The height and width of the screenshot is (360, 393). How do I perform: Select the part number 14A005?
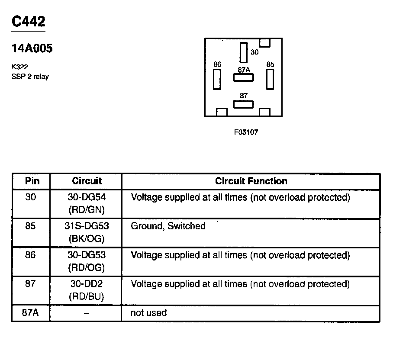click(32, 49)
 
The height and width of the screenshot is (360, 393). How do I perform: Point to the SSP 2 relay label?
click(30, 77)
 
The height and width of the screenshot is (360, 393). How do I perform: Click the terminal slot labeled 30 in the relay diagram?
click(244, 53)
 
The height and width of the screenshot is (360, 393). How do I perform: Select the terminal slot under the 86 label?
click(217, 79)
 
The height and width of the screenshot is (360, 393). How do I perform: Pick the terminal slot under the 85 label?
click(270, 79)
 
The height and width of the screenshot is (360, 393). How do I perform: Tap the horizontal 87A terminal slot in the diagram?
click(244, 77)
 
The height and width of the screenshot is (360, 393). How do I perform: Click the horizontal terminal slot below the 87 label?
click(244, 104)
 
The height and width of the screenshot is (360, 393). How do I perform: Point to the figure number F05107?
click(246, 132)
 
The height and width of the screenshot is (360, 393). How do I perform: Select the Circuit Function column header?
click(251, 181)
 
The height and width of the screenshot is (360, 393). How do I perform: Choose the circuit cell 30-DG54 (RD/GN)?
click(87, 203)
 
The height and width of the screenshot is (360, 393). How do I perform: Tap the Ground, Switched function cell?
click(168, 226)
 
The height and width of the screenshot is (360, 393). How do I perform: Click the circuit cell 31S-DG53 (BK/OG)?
click(87, 232)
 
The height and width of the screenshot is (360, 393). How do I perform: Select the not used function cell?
click(148, 313)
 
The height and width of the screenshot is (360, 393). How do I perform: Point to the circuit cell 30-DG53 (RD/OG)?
click(87, 261)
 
